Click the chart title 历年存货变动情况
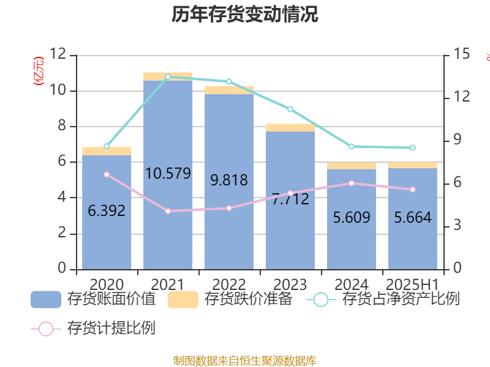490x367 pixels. [245, 15]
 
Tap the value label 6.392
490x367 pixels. [107, 211]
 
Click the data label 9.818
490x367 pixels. [229, 180]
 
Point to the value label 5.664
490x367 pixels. [412, 218]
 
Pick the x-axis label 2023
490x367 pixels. [290, 285]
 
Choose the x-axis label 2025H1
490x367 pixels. [412, 285]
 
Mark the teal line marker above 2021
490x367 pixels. [168, 76]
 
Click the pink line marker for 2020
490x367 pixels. [107, 174]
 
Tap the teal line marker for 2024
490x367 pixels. [351, 147]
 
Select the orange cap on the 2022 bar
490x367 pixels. [229, 90]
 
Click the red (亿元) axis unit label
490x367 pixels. [38, 70]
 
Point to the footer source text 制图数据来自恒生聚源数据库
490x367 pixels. [245, 360]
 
